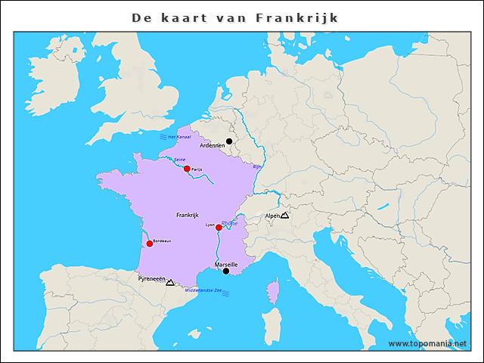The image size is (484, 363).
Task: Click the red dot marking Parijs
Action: pyautogui.click(x=187, y=169)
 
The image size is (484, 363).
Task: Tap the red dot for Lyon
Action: pyautogui.click(x=219, y=228)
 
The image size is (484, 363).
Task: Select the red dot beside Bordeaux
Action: pyautogui.click(x=149, y=244)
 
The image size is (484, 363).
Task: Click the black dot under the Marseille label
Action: pyautogui.click(x=226, y=271)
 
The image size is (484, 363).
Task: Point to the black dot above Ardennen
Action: pyautogui.click(x=229, y=141)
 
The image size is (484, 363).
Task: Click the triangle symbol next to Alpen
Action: pyautogui.click(x=284, y=216)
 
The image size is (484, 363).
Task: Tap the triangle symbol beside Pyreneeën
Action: pyautogui.click(x=170, y=282)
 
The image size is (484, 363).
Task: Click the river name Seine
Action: pyautogui.click(x=179, y=160)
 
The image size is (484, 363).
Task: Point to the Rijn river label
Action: pyautogui.click(x=256, y=166)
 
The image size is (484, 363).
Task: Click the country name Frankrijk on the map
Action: pyautogui.click(x=188, y=215)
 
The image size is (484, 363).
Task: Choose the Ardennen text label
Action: pyautogui.click(x=212, y=145)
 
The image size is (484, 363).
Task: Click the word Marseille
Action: pyautogui.click(x=226, y=264)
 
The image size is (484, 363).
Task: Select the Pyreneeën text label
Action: pyautogui.click(x=150, y=278)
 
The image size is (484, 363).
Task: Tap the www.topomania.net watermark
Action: pyautogui.click(x=427, y=343)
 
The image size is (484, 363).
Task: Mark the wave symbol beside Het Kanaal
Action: pyautogui.click(x=163, y=137)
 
